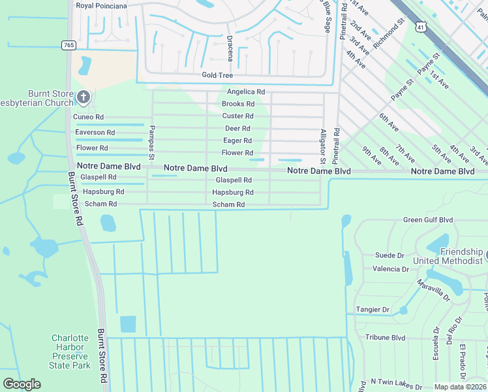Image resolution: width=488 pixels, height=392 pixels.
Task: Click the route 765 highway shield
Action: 68,45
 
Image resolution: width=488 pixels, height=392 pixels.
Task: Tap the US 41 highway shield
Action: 422,27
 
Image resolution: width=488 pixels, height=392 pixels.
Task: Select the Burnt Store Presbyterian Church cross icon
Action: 83,98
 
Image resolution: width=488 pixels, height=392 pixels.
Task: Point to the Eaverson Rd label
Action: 95,133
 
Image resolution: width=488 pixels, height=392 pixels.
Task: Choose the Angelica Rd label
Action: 245,92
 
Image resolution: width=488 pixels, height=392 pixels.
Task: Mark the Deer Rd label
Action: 237,129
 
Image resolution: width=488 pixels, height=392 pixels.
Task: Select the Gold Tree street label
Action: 217,76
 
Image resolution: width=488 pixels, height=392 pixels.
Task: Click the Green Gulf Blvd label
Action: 427,220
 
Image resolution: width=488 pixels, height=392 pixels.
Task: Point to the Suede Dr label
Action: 389,255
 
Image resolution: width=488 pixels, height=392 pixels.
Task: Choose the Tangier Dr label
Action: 373,310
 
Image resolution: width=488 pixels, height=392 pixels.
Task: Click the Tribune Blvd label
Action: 385,338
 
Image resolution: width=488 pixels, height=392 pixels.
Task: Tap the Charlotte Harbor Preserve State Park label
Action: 70,351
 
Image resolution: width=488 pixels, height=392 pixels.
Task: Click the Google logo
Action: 22,384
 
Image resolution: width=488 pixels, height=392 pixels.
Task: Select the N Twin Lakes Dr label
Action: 395,381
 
